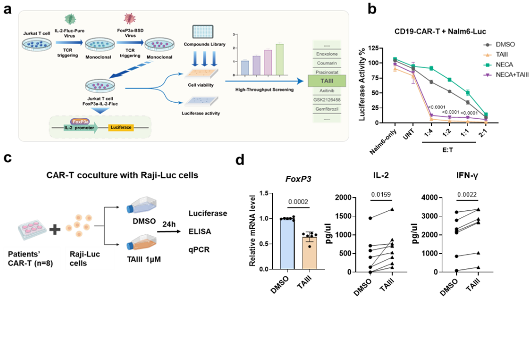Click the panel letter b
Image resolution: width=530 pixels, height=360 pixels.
pos(372,9)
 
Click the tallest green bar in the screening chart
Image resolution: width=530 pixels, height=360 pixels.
pos(279,59)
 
